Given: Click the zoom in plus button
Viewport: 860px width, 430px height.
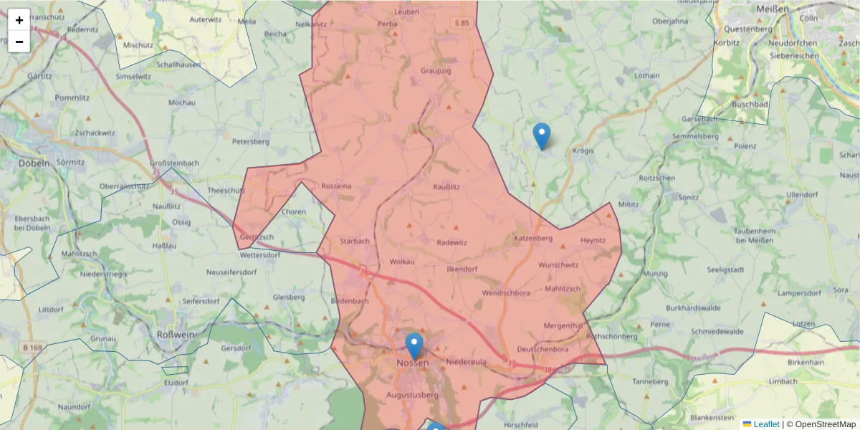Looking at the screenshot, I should (19, 20).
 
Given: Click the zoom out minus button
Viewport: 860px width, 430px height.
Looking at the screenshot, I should (19, 42).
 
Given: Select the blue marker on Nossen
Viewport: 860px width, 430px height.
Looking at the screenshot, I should (414, 346).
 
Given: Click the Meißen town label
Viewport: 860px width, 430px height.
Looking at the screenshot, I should (772, 9).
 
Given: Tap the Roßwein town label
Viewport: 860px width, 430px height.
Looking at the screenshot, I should (174, 334).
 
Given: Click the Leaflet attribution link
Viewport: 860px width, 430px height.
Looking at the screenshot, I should (765, 424).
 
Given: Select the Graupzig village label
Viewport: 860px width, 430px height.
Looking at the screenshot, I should (436, 71).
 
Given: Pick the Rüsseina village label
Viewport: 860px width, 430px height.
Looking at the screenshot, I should (336, 186).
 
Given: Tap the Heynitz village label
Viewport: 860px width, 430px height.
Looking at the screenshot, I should (593, 240).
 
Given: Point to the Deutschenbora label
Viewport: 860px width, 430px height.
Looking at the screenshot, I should (543, 349).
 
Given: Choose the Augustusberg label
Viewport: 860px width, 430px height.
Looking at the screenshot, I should (412, 395).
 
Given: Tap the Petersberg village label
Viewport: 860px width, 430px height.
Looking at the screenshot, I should (250, 141).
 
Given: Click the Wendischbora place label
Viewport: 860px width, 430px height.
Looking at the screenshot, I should (506, 293).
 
